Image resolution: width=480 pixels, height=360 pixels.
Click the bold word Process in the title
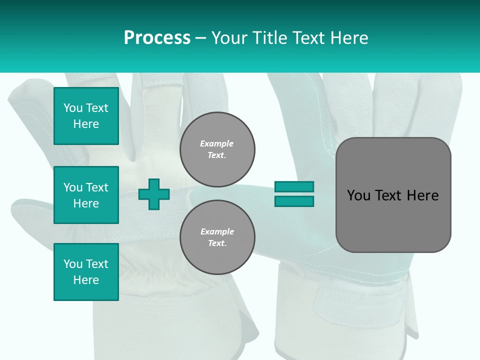pos(157,38)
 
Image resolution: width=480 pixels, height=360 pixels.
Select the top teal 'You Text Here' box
pos(86,116)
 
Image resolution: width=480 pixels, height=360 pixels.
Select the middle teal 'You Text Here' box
pos(86,195)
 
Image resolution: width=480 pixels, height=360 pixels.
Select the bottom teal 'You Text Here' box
pos(86,272)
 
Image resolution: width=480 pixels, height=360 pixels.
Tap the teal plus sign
pos(154,194)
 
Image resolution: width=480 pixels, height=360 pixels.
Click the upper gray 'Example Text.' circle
pos(217,149)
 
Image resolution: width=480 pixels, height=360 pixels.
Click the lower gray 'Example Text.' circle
pos(217,237)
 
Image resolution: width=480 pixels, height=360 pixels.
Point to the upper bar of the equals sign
pos(294,186)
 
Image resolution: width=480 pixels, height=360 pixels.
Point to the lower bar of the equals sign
pos(294,201)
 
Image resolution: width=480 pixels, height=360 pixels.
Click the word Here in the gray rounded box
pos(422,195)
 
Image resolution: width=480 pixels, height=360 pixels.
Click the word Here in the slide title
pos(348,38)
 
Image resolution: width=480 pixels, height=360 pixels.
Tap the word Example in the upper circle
pos(216,143)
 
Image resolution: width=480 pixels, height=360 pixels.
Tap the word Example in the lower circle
pos(217,231)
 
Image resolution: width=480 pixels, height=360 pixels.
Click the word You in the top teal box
pos(73,108)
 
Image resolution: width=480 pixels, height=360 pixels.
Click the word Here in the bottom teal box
pos(86,280)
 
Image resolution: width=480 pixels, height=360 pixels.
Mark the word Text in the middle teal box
pos(96,187)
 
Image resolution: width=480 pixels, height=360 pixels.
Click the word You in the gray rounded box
pos(358,195)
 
